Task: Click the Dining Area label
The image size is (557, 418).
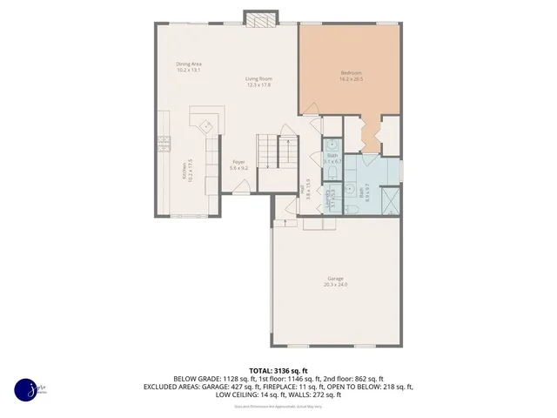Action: click(x=189, y=66)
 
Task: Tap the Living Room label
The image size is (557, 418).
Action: click(x=258, y=82)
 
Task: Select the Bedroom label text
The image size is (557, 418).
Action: click(x=351, y=75)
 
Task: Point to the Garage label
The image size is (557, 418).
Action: click(x=335, y=281)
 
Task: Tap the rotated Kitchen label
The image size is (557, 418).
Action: click(x=185, y=171)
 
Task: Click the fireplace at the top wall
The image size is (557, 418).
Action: click(x=259, y=18)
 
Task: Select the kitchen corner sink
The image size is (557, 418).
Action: click(x=207, y=125)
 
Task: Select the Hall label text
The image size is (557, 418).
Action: click(x=304, y=190)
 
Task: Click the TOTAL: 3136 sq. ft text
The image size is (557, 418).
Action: click(x=278, y=370)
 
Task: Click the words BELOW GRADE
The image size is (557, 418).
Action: click(x=198, y=379)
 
